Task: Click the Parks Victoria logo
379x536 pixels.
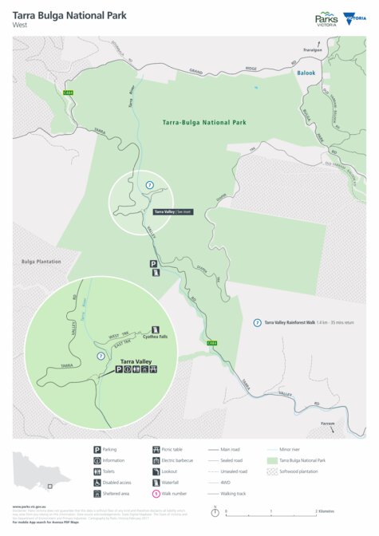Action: (326, 18)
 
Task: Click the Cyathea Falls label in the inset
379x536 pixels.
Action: (156, 337)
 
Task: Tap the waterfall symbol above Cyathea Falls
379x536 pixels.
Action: (156, 329)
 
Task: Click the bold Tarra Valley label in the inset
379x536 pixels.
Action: (136, 361)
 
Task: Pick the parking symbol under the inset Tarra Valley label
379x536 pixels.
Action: (119, 369)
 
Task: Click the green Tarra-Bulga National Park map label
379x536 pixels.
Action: (197, 124)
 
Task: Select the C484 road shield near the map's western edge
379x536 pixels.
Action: (68, 93)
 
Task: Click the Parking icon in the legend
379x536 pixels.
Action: (97, 450)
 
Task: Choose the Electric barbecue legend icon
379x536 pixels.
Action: (155, 460)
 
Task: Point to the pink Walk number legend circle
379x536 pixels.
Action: (155, 493)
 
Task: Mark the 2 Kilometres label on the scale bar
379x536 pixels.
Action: (324, 510)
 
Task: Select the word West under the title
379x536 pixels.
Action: (21, 25)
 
